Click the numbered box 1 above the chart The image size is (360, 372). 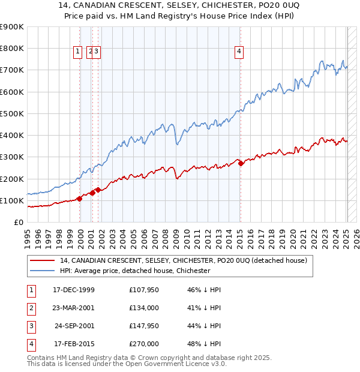pos(78,52)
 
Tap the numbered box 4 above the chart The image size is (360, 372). pos(239,52)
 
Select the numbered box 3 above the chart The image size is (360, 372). pos(96,52)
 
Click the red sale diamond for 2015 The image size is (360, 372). pos(240,163)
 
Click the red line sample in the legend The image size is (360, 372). pos(42,260)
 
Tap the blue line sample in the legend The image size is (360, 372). pos(42,271)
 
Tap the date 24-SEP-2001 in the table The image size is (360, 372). pos(74,326)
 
